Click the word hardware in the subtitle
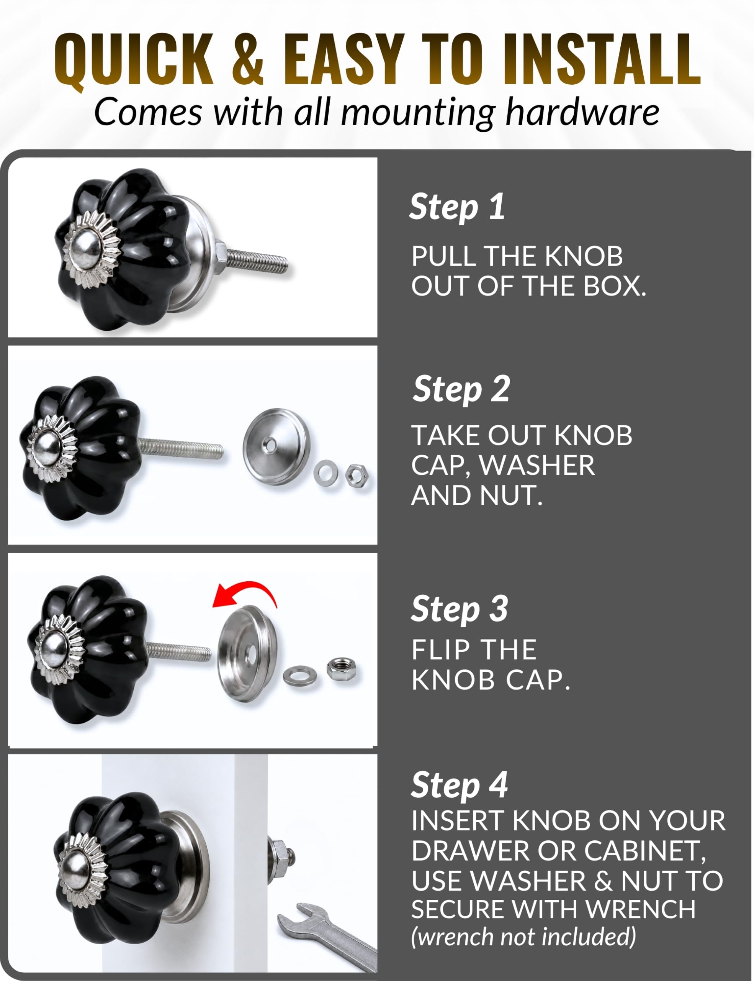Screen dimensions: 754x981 (582, 112)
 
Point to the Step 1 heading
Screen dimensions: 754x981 (457, 207)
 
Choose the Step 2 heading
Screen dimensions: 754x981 (461, 389)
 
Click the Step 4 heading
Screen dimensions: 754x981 (459, 786)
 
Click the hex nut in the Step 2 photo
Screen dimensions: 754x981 (357, 476)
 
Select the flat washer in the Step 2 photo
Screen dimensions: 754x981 (326, 472)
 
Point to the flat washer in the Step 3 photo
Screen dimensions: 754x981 (300, 676)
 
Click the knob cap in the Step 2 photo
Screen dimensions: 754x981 (276, 446)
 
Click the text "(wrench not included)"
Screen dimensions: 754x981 (523, 937)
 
